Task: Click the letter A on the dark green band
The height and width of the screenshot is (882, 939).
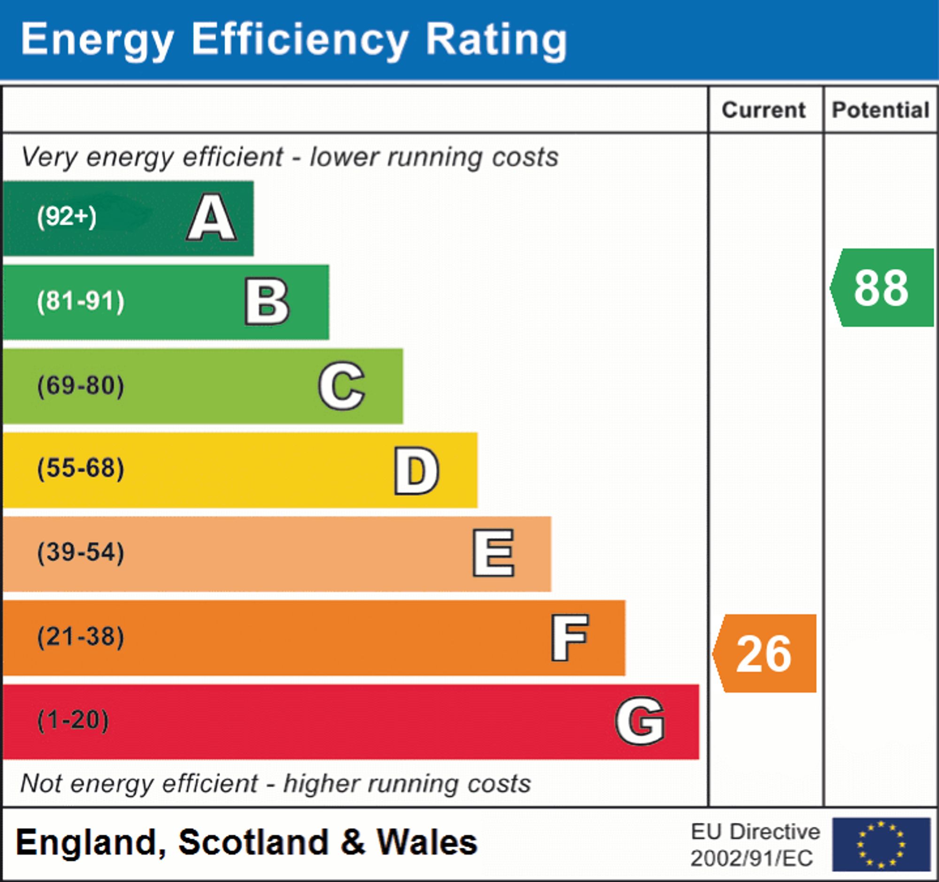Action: (212, 218)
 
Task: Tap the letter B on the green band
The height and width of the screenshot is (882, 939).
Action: (267, 302)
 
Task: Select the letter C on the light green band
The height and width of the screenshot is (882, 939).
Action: (341, 386)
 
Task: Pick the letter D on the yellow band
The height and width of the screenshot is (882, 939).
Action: (416, 471)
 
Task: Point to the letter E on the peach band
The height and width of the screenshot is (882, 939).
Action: (493, 553)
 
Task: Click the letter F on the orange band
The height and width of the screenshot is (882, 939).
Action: (570, 637)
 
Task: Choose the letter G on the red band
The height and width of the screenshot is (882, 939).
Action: (640, 721)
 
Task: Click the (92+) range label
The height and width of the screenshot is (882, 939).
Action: (67, 217)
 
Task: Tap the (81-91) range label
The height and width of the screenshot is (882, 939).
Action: (81, 302)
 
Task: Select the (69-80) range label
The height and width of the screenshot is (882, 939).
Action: (81, 386)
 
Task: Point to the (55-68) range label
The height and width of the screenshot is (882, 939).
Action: (81, 469)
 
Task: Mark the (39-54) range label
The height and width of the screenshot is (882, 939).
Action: (81, 552)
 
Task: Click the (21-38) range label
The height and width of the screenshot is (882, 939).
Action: (81, 636)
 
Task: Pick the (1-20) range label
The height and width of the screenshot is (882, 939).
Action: (73, 720)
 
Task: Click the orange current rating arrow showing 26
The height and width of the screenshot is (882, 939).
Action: (765, 654)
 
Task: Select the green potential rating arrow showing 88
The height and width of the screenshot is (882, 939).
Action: (882, 288)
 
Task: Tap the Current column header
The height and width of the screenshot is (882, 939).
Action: (764, 110)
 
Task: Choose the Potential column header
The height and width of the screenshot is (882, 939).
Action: (881, 110)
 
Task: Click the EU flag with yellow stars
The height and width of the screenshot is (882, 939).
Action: (881, 844)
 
